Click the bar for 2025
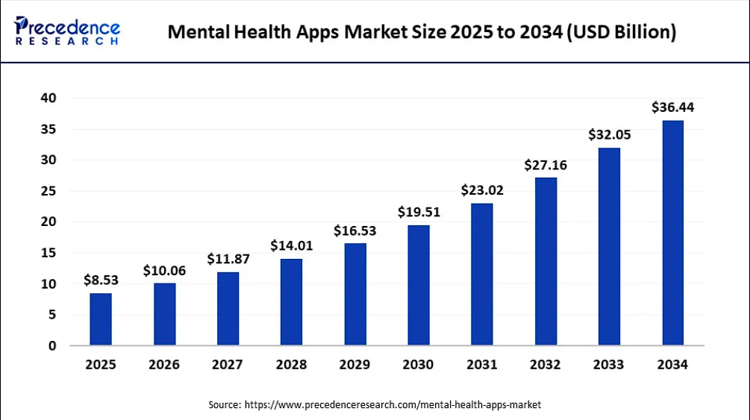pyautogui.click(x=101, y=319)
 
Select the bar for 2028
pyautogui.click(x=291, y=302)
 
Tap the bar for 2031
pyautogui.click(x=481, y=274)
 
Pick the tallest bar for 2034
pyautogui.click(x=672, y=233)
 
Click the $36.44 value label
pyautogui.click(x=672, y=107)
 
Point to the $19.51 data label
pyautogui.click(x=418, y=212)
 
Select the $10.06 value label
pyautogui.click(x=164, y=270)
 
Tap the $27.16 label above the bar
pyautogui.click(x=546, y=165)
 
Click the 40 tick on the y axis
pyautogui.click(x=48, y=98)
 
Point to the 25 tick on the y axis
pyautogui.click(x=48, y=191)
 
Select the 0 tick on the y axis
pyautogui.click(x=51, y=345)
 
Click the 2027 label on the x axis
pyautogui.click(x=228, y=365)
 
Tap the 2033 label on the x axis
pyautogui.click(x=609, y=365)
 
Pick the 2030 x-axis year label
pyautogui.click(x=418, y=365)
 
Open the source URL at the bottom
pyautogui.click(x=393, y=404)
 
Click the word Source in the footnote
pyautogui.click(x=224, y=404)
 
